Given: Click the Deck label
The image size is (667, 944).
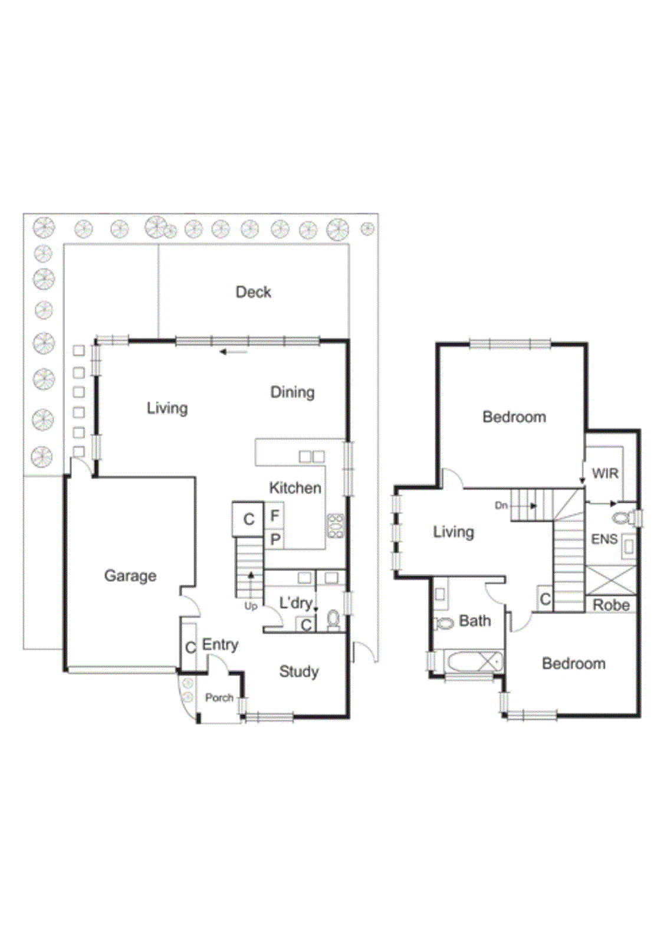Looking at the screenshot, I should [x=253, y=292].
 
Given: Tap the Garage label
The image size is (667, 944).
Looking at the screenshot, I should [x=130, y=575].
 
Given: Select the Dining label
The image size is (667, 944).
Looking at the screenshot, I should [x=292, y=392].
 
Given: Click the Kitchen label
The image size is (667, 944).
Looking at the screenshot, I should [x=295, y=488].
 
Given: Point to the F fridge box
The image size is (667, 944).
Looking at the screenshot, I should [x=274, y=516].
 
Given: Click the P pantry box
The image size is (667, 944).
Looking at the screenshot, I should [x=275, y=539].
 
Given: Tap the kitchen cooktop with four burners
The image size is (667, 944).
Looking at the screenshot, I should [x=335, y=526].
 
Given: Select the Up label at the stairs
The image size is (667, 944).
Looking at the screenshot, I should [x=251, y=606].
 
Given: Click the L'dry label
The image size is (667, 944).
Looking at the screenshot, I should [x=295, y=603].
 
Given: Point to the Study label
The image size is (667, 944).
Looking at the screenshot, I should [x=298, y=671].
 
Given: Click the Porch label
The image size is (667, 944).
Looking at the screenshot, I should [x=219, y=697].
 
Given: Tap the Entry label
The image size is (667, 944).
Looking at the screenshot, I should [x=220, y=644].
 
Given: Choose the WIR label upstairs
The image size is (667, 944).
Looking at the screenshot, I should [x=604, y=473].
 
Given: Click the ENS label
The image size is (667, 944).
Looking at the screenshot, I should [x=604, y=539].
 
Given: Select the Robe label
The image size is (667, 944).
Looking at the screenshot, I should [x=610, y=605].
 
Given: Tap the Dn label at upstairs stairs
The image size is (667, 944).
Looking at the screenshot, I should [x=501, y=506].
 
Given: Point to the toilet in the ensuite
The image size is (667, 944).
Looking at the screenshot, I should [x=623, y=519].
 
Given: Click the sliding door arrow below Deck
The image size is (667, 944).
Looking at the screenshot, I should [x=234, y=352].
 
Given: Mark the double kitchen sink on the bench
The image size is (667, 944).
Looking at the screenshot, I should [x=311, y=456].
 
